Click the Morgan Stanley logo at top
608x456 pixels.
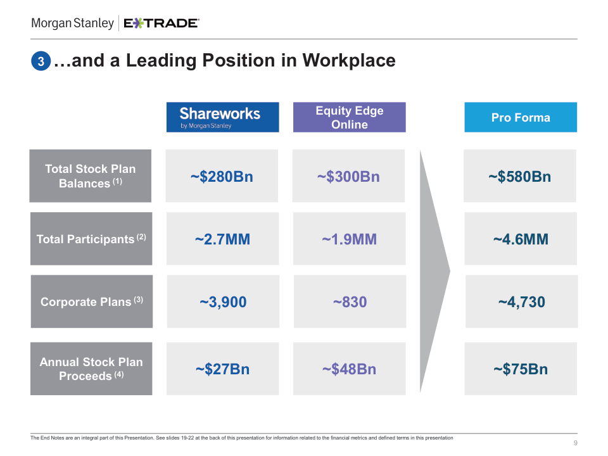point(72,23)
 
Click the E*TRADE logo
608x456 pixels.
point(161,23)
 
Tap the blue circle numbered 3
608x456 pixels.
point(40,61)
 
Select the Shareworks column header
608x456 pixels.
point(222,117)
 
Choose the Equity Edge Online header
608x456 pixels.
point(349,117)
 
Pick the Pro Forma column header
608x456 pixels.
point(521,117)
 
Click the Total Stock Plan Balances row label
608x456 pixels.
point(90,176)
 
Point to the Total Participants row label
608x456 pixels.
point(91,239)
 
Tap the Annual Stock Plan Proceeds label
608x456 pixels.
point(91,369)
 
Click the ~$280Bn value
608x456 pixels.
point(222,177)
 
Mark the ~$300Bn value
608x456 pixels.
point(348,177)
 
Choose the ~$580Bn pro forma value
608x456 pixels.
point(520,177)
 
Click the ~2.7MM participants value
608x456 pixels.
point(222,239)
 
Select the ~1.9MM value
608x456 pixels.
point(349,239)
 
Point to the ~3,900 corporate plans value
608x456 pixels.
point(223,302)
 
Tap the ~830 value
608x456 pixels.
point(350,302)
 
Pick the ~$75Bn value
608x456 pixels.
point(521,369)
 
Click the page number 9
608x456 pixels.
point(575,442)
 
